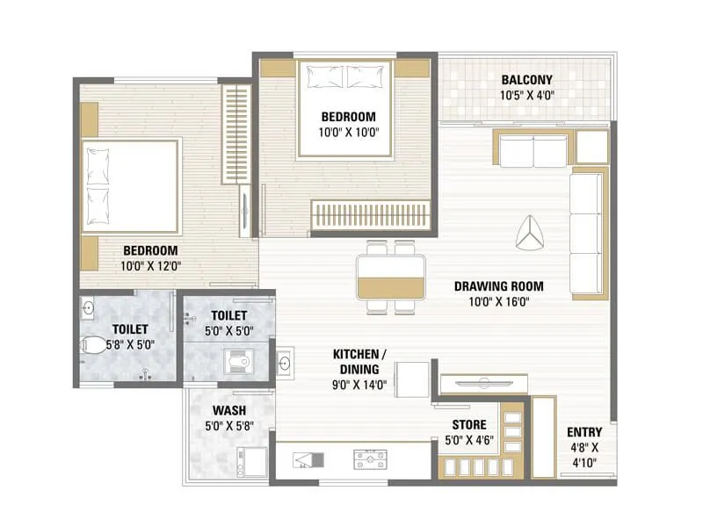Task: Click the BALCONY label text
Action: click(x=527, y=79)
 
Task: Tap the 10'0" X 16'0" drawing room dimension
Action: click(x=498, y=301)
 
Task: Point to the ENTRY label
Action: click(x=583, y=431)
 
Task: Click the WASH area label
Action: click(x=228, y=410)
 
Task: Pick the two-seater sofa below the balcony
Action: click(x=531, y=151)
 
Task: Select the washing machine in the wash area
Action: click(x=251, y=459)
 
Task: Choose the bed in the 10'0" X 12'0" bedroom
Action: click(x=130, y=185)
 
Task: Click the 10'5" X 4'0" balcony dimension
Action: click(x=527, y=95)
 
